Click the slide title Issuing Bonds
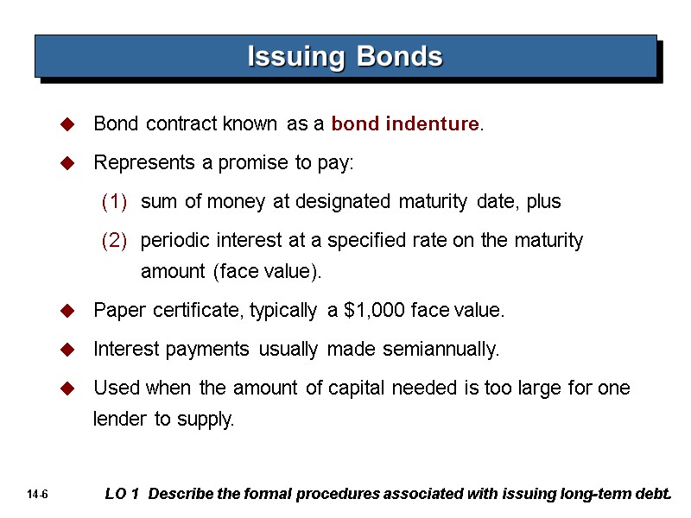click(345, 57)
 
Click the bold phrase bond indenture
click(405, 124)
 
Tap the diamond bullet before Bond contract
click(65, 126)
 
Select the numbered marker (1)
click(114, 202)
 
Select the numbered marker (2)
click(114, 241)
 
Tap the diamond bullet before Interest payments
click(65, 351)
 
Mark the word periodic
click(172, 241)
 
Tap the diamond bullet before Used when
click(65, 389)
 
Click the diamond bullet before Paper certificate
click(65, 312)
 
